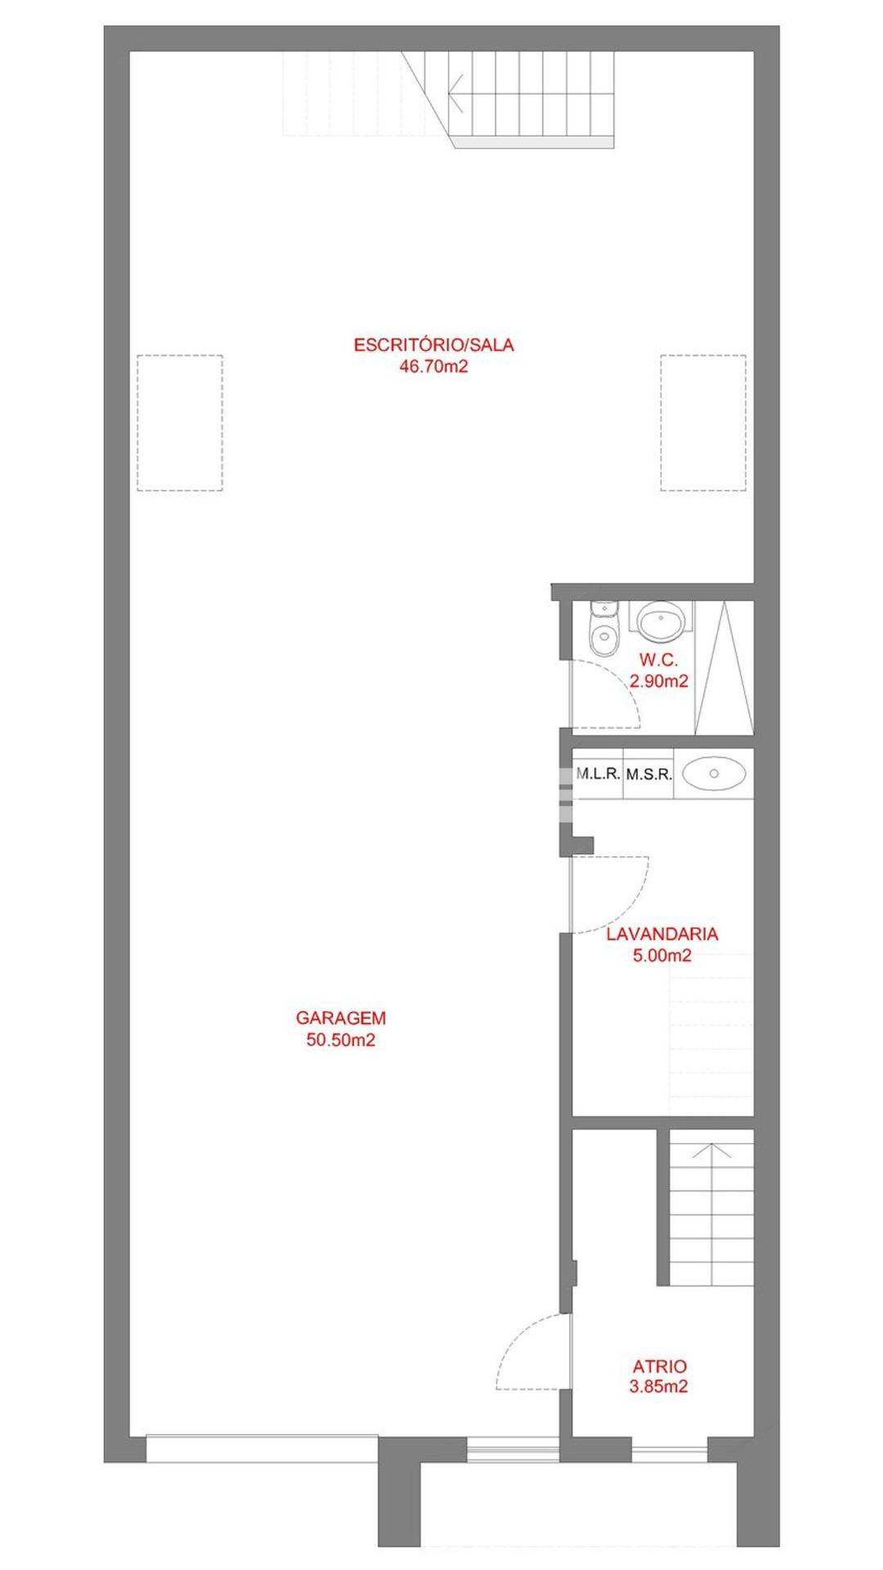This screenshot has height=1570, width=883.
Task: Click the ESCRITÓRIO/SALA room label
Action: (433, 345)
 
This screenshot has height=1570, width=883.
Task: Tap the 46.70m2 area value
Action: (433, 366)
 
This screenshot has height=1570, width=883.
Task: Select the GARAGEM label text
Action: (341, 1018)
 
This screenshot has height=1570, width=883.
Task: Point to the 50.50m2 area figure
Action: (341, 1040)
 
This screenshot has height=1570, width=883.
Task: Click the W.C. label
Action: (659, 659)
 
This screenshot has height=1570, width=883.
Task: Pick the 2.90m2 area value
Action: (659, 680)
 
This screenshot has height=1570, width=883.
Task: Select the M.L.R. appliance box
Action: (598, 773)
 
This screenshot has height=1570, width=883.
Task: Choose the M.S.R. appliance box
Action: (649, 773)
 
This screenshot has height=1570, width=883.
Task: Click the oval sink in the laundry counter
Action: (714, 773)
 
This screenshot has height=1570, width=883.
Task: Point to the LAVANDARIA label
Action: (662, 934)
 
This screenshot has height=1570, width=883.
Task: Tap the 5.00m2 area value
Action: (662, 955)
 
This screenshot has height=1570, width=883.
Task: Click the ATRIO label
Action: (660, 1366)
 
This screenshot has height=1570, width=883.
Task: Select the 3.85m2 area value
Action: (659, 1387)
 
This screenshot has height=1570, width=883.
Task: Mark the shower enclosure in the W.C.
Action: (724, 667)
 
